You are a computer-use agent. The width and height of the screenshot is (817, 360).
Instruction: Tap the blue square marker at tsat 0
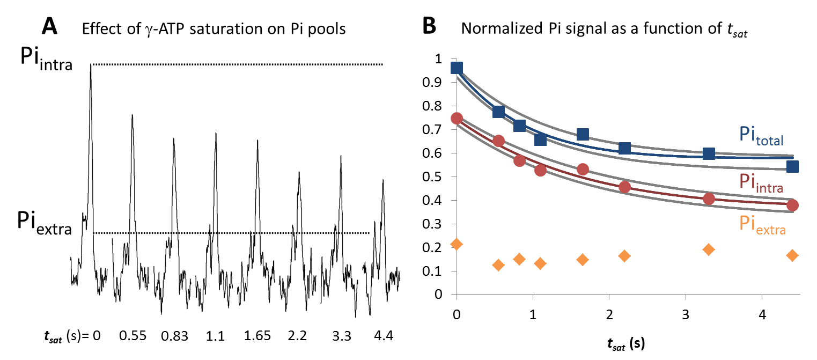point(457,68)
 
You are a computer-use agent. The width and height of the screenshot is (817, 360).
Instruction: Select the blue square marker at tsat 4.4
point(792,167)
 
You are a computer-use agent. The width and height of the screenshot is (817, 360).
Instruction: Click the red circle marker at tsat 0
point(457,119)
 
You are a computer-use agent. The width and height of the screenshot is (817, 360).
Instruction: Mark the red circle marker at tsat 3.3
point(709,199)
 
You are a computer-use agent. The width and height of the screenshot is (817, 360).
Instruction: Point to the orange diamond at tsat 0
point(457,244)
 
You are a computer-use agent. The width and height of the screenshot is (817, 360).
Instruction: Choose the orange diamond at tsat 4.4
point(792,255)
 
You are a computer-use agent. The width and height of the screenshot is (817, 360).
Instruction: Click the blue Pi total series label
point(761,136)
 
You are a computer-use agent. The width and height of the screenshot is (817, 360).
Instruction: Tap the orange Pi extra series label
point(762,225)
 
